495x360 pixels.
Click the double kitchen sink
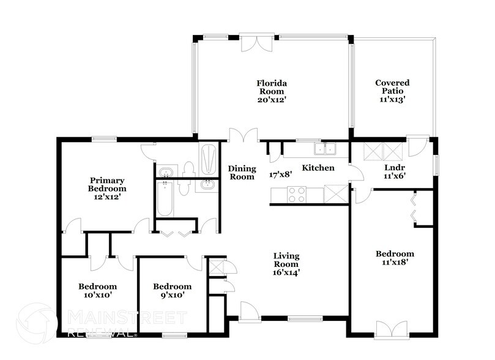(x=326, y=148)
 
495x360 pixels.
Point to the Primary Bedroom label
(x=108, y=184)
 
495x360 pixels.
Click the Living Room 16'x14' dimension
(x=286, y=273)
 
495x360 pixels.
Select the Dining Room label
(x=241, y=173)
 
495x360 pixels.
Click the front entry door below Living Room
(x=249, y=311)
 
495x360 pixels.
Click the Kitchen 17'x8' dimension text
(x=281, y=174)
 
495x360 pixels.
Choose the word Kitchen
(x=318, y=168)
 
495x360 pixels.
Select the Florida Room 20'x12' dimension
(x=272, y=98)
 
